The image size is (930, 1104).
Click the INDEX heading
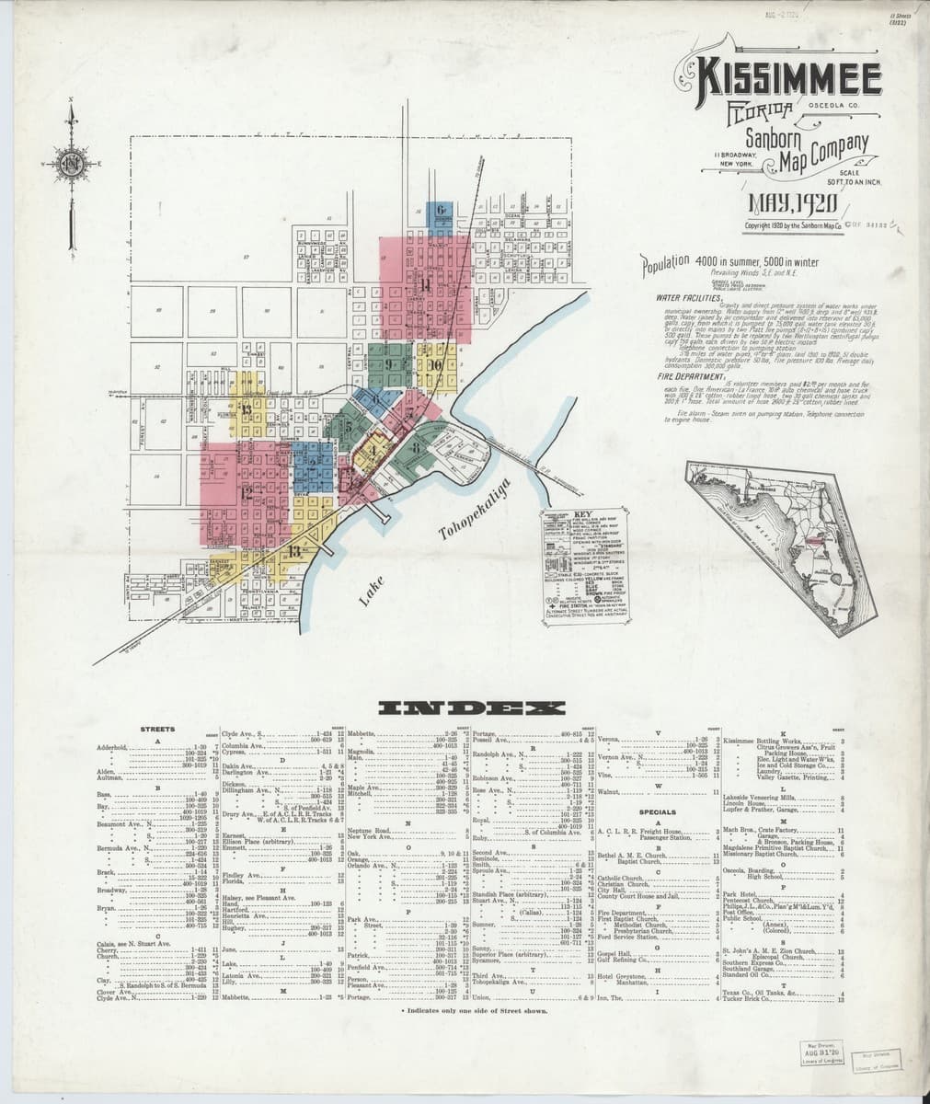(472, 707)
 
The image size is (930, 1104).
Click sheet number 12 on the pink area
(247, 492)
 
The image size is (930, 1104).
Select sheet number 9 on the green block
(390, 364)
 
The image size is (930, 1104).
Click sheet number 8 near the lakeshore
(417, 449)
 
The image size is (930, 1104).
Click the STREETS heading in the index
(157, 729)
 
